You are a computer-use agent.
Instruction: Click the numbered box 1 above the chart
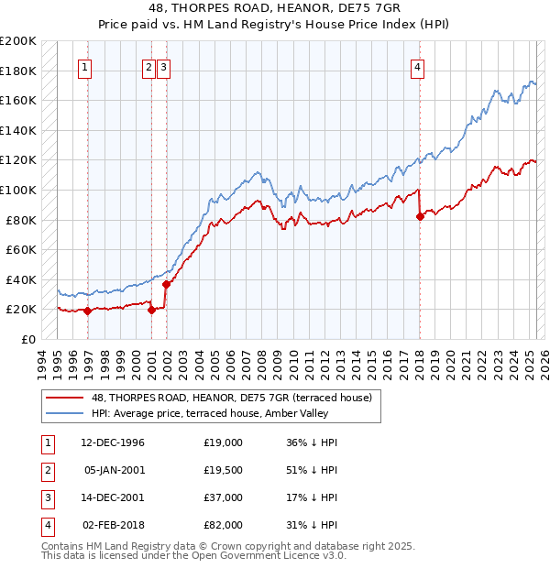84,66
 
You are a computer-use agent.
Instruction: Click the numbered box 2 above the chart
148,66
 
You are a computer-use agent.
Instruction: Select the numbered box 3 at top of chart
163,66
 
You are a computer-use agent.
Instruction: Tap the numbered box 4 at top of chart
417,66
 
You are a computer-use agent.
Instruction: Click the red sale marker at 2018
420,216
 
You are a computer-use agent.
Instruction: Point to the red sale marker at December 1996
88,311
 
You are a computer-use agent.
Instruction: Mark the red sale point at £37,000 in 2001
166,284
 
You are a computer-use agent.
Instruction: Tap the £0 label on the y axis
27,339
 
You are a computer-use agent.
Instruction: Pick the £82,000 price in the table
224,525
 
